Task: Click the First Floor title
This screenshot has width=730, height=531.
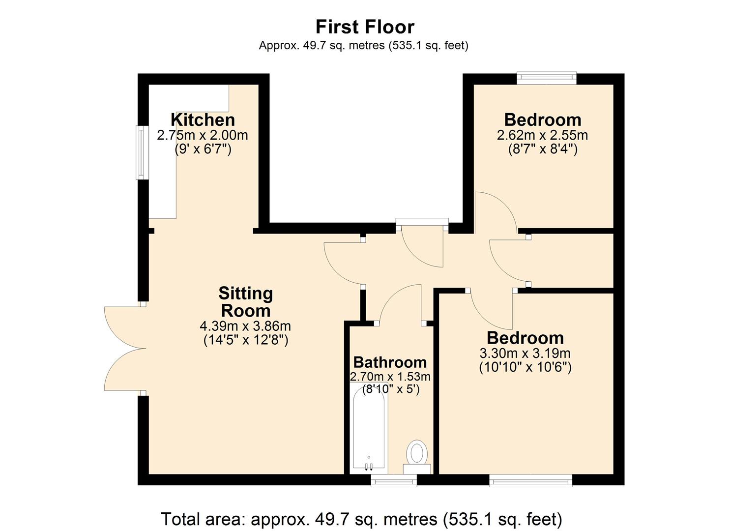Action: (365, 27)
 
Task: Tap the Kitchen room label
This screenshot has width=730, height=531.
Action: (203, 119)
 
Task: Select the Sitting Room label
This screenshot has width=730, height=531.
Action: (245, 302)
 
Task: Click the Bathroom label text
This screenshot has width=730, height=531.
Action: (390, 362)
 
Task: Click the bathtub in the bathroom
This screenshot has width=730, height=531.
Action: (370, 428)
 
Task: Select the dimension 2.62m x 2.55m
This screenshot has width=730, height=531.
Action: (542, 135)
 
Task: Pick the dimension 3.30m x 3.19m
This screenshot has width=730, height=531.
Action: (525, 353)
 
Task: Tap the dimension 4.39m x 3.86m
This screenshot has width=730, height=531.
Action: (245, 326)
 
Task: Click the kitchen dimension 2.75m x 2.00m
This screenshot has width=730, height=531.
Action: (202, 135)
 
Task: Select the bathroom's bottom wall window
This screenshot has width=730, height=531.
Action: (394, 480)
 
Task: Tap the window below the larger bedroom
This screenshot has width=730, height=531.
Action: (531, 480)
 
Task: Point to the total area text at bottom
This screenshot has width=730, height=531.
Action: (361, 519)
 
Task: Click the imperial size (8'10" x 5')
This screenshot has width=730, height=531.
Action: (390, 390)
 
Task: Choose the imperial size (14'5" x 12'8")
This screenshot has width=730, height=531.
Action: (245, 340)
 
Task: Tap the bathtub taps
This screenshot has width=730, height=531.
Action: (369, 466)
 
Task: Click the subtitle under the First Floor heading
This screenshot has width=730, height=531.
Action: (363, 46)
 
